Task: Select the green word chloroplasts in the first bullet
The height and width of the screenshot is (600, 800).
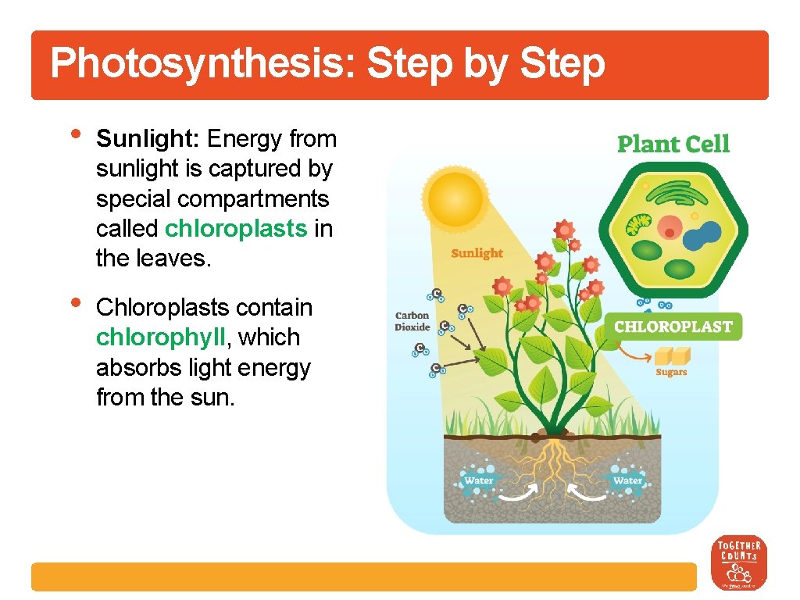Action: click(236, 228)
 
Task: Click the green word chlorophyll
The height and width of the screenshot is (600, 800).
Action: click(159, 337)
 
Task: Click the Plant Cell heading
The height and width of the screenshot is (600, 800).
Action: click(673, 145)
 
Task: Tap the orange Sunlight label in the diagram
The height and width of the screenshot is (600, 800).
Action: click(477, 254)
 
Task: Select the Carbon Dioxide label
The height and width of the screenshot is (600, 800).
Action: click(412, 322)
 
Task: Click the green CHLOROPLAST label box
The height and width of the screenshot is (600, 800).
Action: click(673, 327)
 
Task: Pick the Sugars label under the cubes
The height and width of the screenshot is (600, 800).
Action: click(671, 372)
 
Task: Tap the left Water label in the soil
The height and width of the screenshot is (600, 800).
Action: click(478, 480)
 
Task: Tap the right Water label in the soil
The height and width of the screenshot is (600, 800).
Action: click(627, 480)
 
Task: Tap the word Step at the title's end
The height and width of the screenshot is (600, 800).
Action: click(562, 64)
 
